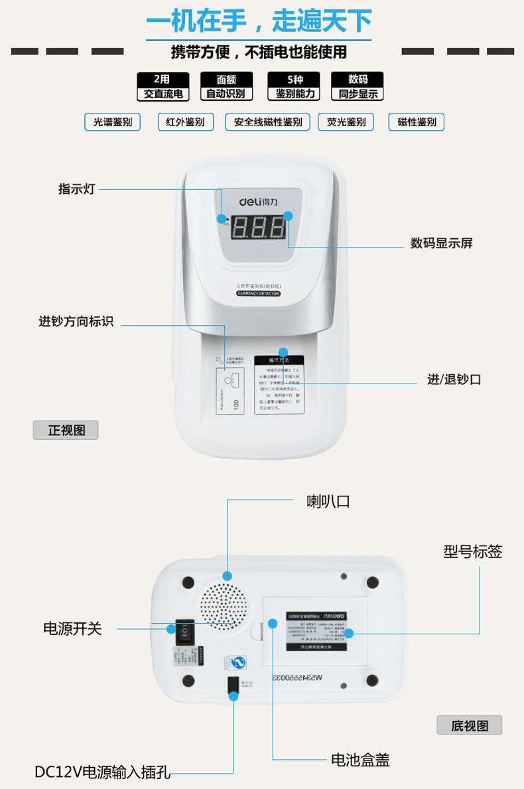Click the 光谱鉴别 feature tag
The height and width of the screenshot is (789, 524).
(x=113, y=122)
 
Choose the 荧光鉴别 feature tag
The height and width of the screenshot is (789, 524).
(x=346, y=122)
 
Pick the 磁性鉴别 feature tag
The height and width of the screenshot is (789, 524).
(x=417, y=122)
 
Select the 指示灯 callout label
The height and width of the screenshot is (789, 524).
(x=77, y=189)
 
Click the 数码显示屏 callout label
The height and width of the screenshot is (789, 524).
(x=441, y=244)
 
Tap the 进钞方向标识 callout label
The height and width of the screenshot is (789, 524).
(x=76, y=322)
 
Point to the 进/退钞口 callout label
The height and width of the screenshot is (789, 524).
(x=454, y=380)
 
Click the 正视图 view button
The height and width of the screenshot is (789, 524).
(x=66, y=430)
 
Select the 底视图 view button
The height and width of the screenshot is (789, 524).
(x=469, y=725)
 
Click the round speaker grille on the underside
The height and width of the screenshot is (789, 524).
(x=225, y=606)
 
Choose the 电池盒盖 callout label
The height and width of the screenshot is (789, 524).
(x=360, y=760)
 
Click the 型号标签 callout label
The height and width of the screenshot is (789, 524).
(x=473, y=551)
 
